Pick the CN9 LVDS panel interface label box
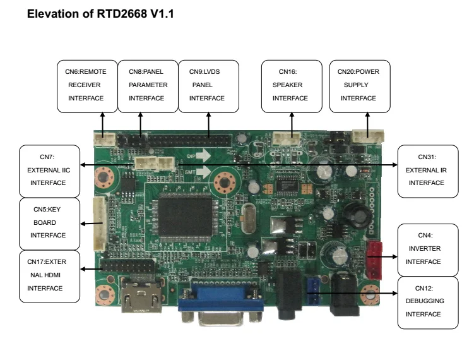coord(208,85)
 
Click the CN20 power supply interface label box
coord(359,85)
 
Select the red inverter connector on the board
coord(375,259)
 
